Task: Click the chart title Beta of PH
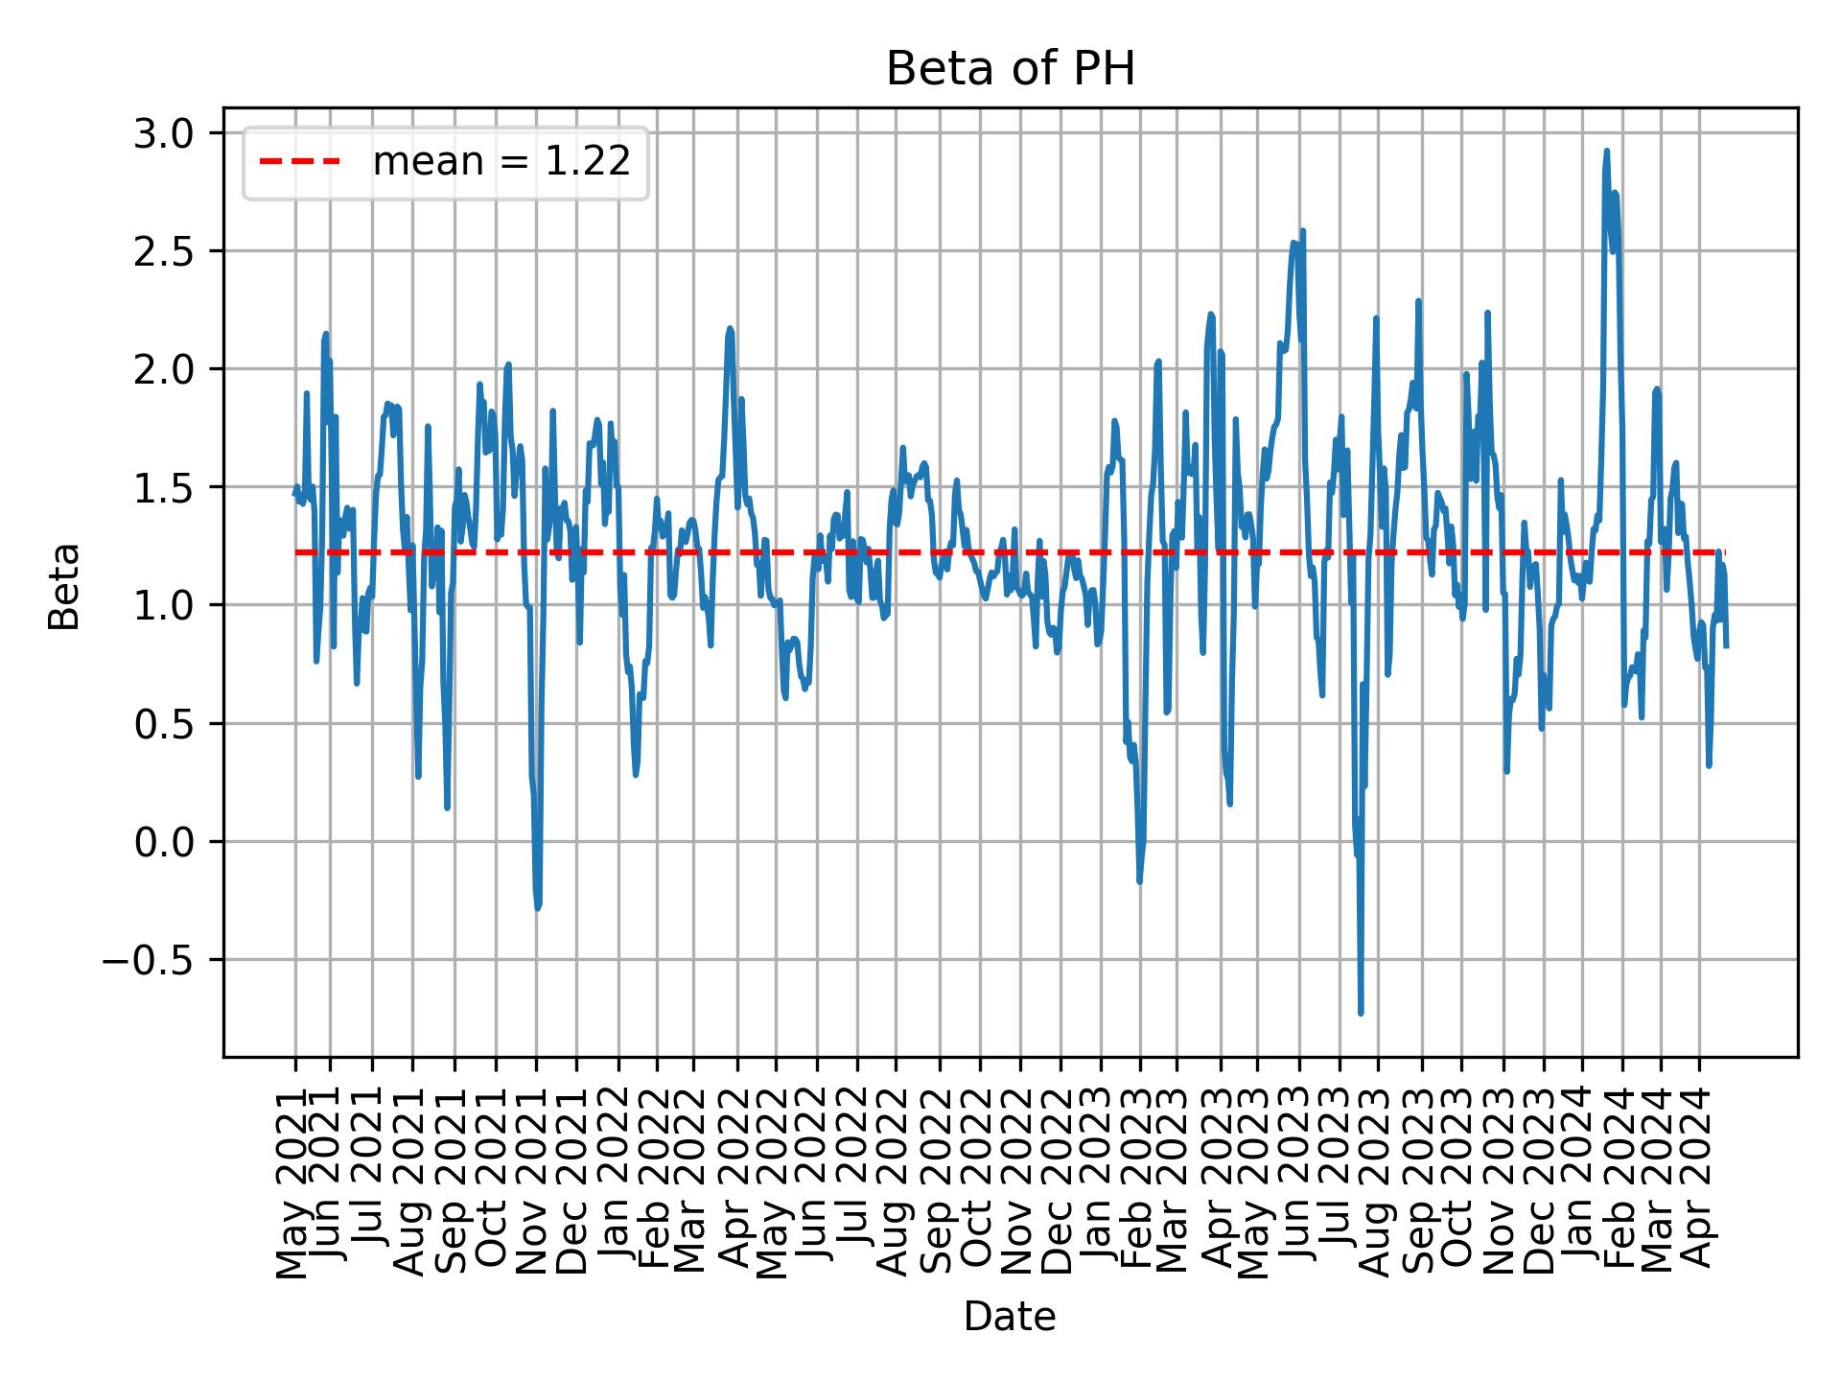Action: (1010, 69)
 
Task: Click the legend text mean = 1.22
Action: (501, 162)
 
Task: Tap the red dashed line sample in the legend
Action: (300, 162)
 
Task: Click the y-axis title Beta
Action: (65, 586)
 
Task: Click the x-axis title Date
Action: (1010, 1318)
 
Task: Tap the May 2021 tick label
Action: (294, 1182)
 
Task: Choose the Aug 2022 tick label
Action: (896, 1182)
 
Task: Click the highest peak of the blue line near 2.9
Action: (1606, 152)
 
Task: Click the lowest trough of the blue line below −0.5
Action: (1361, 1012)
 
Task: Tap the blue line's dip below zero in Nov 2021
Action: (538, 907)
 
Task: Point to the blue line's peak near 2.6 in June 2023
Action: (1303, 231)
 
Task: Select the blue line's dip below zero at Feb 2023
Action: (1139, 879)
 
